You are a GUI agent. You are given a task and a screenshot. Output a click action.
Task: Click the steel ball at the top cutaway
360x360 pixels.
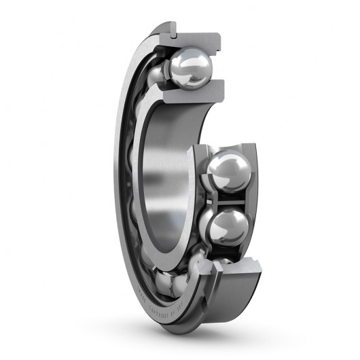[x=191, y=68]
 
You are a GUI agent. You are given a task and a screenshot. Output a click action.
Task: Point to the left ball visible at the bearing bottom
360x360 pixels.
[x=163, y=278]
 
